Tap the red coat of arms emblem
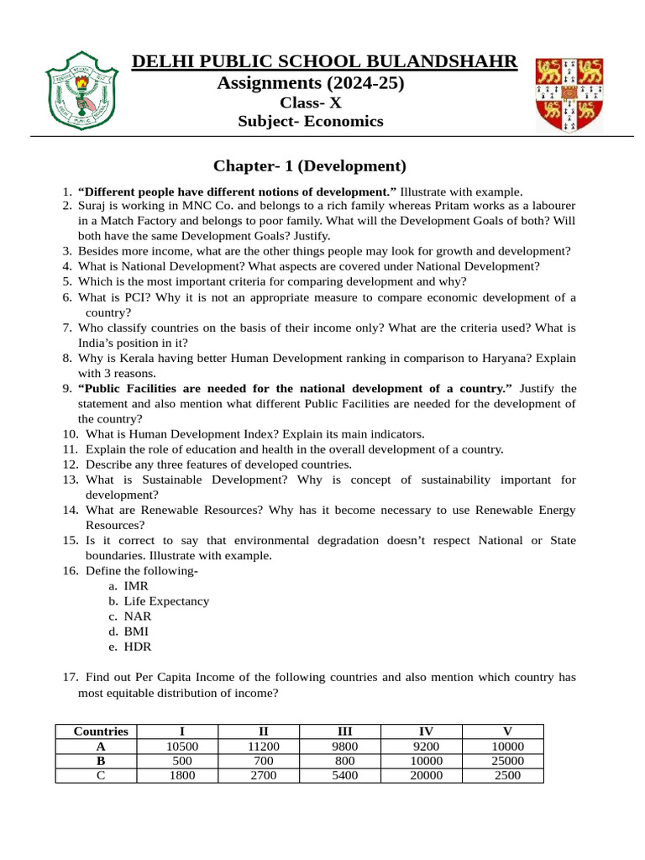pos(569,94)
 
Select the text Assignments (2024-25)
pos(310,83)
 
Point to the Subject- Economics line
pos(310,122)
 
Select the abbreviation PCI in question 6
pos(137,297)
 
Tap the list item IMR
pos(137,586)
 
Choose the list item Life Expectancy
pos(166,601)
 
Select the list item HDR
pos(138,647)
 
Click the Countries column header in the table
pos(101,732)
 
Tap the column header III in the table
pos(344,732)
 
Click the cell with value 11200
pos(263,747)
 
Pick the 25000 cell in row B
pos(507,761)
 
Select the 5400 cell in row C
pos(344,775)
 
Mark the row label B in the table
pos(101,761)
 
